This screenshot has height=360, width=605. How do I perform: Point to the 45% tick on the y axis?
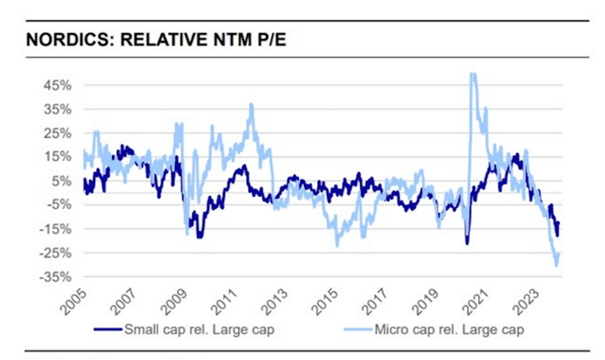pyautogui.click(x=56, y=85)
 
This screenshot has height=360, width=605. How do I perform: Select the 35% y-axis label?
pyautogui.click(x=56, y=109)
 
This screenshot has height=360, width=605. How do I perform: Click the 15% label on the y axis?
pyautogui.click(x=56, y=157)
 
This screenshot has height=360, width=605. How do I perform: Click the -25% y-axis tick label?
pyautogui.click(x=55, y=253)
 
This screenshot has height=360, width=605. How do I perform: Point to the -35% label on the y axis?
pyautogui.click(x=55, y=277)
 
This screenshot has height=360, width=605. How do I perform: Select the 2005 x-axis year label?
pyautogui.click(x=75, y=300)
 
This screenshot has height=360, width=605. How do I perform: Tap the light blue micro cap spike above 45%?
pyautogui.click(x=473, y=75)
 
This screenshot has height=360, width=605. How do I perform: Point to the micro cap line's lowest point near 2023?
pyautogui.click(x=556, y=263)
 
